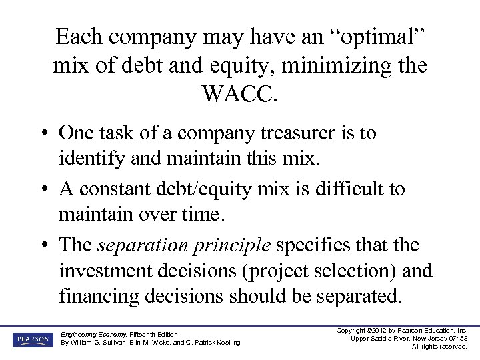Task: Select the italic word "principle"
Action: [x=229, y=245]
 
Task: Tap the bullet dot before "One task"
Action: [x=41, y=134]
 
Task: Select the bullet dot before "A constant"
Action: [x=41, y=190]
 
